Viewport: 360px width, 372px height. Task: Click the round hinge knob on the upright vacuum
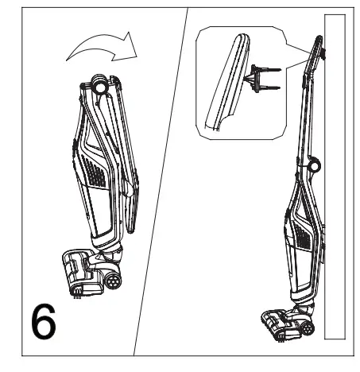[x=312, y=165]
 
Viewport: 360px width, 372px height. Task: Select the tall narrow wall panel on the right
[x=335, y=175]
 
